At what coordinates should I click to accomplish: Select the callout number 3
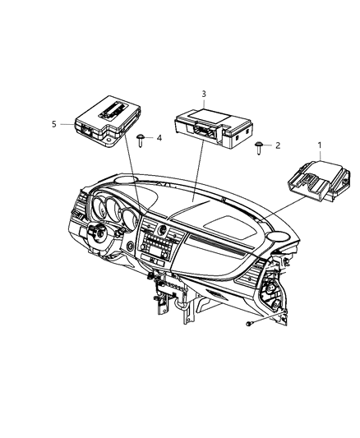point(204,94)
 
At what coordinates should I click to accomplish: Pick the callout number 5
point(54,124)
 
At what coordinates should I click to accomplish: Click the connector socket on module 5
point(85,128)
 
